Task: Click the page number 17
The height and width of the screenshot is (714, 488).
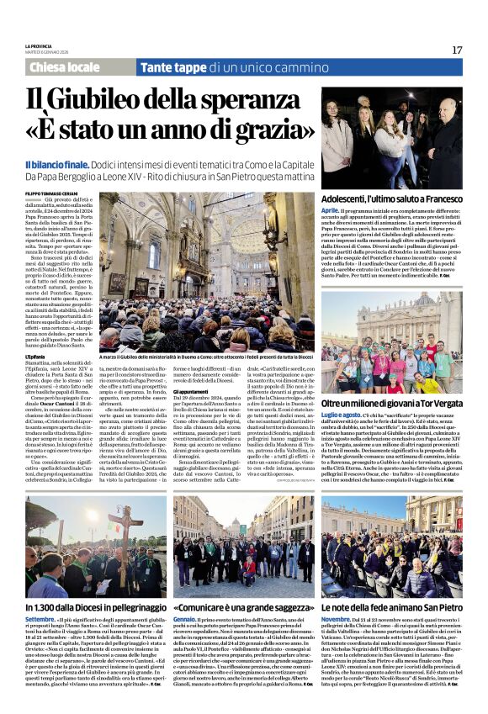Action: pyautogui.click(x=456, y=50)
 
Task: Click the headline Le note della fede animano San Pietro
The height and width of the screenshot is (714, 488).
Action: pyautogui.click(x=391, y=606)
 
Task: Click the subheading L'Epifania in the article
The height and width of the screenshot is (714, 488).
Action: pyautogui.click(x=36, y=357)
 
